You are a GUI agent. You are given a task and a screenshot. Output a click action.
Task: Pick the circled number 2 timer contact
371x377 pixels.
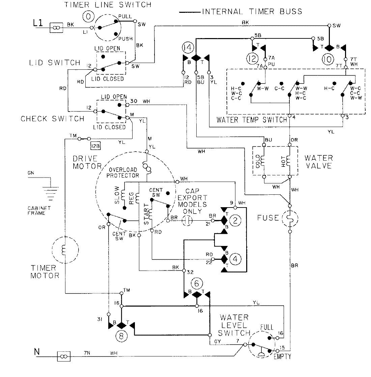235,220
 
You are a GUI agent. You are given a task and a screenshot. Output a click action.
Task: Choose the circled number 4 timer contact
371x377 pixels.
235,259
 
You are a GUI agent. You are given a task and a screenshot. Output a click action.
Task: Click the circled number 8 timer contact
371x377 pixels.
120,335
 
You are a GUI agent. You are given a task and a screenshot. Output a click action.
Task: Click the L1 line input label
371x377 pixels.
38,23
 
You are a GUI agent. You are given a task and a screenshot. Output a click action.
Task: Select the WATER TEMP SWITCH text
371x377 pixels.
252,119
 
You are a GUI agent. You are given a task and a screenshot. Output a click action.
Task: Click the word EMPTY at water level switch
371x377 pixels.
282,356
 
